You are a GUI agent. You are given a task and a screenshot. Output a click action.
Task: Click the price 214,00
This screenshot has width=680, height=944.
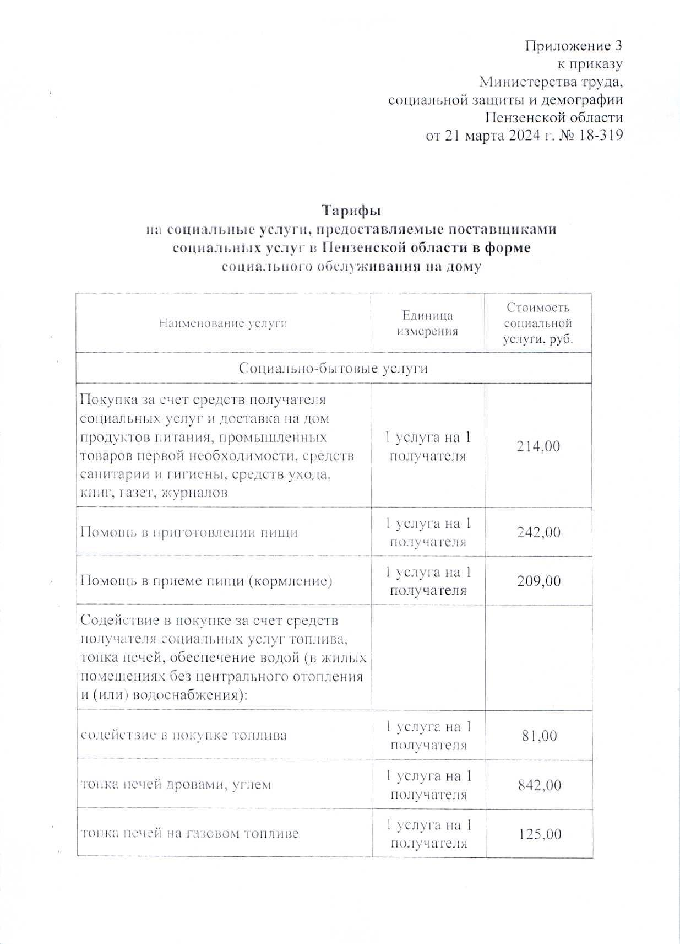click(538, 446)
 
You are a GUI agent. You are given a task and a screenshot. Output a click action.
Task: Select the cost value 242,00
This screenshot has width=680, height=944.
click(538, 532)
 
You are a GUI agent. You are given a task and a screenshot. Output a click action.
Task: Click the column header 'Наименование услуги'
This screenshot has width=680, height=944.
click(223, 323)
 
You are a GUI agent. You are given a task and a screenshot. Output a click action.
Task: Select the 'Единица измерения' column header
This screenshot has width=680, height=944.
click(427, 323)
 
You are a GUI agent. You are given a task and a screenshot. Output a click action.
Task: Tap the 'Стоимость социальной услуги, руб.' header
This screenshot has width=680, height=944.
click(538, 323)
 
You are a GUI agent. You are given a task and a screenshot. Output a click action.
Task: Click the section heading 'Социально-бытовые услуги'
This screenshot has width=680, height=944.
click(333, 368)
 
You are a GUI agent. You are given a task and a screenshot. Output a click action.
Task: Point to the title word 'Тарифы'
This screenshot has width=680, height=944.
click(351, 211)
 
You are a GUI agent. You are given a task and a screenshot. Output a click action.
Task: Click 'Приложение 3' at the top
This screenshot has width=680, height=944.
click(573, 45)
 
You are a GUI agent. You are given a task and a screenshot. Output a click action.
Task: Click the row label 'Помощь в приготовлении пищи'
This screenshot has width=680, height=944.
click(189, 532)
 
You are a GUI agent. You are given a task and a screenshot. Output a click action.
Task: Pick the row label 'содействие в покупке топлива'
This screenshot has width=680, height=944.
click(184, 736)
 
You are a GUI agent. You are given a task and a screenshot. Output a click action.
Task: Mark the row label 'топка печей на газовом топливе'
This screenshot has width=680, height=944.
click(189, 833)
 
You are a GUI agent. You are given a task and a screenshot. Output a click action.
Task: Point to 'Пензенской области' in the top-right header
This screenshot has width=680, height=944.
click(554, 117)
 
